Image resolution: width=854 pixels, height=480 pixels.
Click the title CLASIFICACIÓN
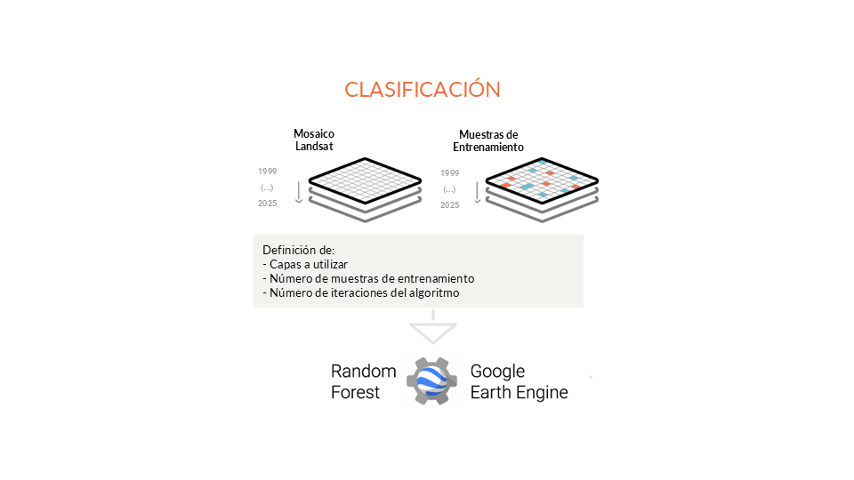coord(423,90)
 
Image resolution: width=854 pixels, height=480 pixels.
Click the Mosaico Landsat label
coord(314,140)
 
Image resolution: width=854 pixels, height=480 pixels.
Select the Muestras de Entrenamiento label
coord(488,140)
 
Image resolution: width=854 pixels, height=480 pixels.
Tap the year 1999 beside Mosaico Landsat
coord(267,171)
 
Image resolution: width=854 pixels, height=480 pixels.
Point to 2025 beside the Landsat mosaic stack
coord(267,204)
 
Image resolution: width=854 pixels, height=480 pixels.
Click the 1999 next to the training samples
coord(449,172)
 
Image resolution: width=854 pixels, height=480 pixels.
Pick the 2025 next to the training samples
coord(449,205)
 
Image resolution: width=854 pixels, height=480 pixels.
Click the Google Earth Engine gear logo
coord(433,381)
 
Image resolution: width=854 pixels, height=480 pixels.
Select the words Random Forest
coord(356,381)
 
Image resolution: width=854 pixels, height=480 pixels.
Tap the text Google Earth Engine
coord(519,381)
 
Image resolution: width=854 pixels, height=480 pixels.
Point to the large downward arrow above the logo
coord(432,331)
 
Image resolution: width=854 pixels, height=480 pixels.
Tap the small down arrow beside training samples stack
coord(478,191)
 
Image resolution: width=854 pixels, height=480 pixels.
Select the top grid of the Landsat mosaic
coord(365,177)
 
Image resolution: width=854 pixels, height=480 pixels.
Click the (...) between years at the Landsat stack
coord(267,188)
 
